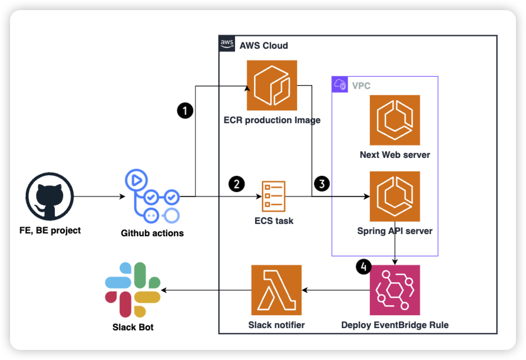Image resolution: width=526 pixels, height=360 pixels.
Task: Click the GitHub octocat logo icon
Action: pos(50,197)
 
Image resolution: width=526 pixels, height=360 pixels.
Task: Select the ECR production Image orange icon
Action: pos(272,85)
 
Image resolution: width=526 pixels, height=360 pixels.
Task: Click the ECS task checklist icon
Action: pos(274,197)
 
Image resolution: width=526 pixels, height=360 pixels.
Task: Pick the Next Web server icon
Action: pos(394,120)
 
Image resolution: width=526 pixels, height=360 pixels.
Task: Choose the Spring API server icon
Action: pos(394,197)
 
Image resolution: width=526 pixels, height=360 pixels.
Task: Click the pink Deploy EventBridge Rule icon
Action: pos(394,290)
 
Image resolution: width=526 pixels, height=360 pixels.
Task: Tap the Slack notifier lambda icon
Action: pos(276,290)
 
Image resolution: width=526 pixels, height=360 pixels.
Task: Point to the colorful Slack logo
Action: pos(133,290)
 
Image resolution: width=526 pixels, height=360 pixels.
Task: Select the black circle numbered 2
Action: pos(237,183)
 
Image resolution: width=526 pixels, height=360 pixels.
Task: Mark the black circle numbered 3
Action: pos(322,183)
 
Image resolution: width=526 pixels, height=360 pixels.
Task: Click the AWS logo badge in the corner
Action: pos(227,44)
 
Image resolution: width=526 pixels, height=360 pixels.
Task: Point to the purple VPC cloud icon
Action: pos(340,85)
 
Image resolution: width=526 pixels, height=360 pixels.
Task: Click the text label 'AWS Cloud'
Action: pos(264,45)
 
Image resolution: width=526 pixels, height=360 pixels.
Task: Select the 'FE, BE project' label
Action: pos(50,230)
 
